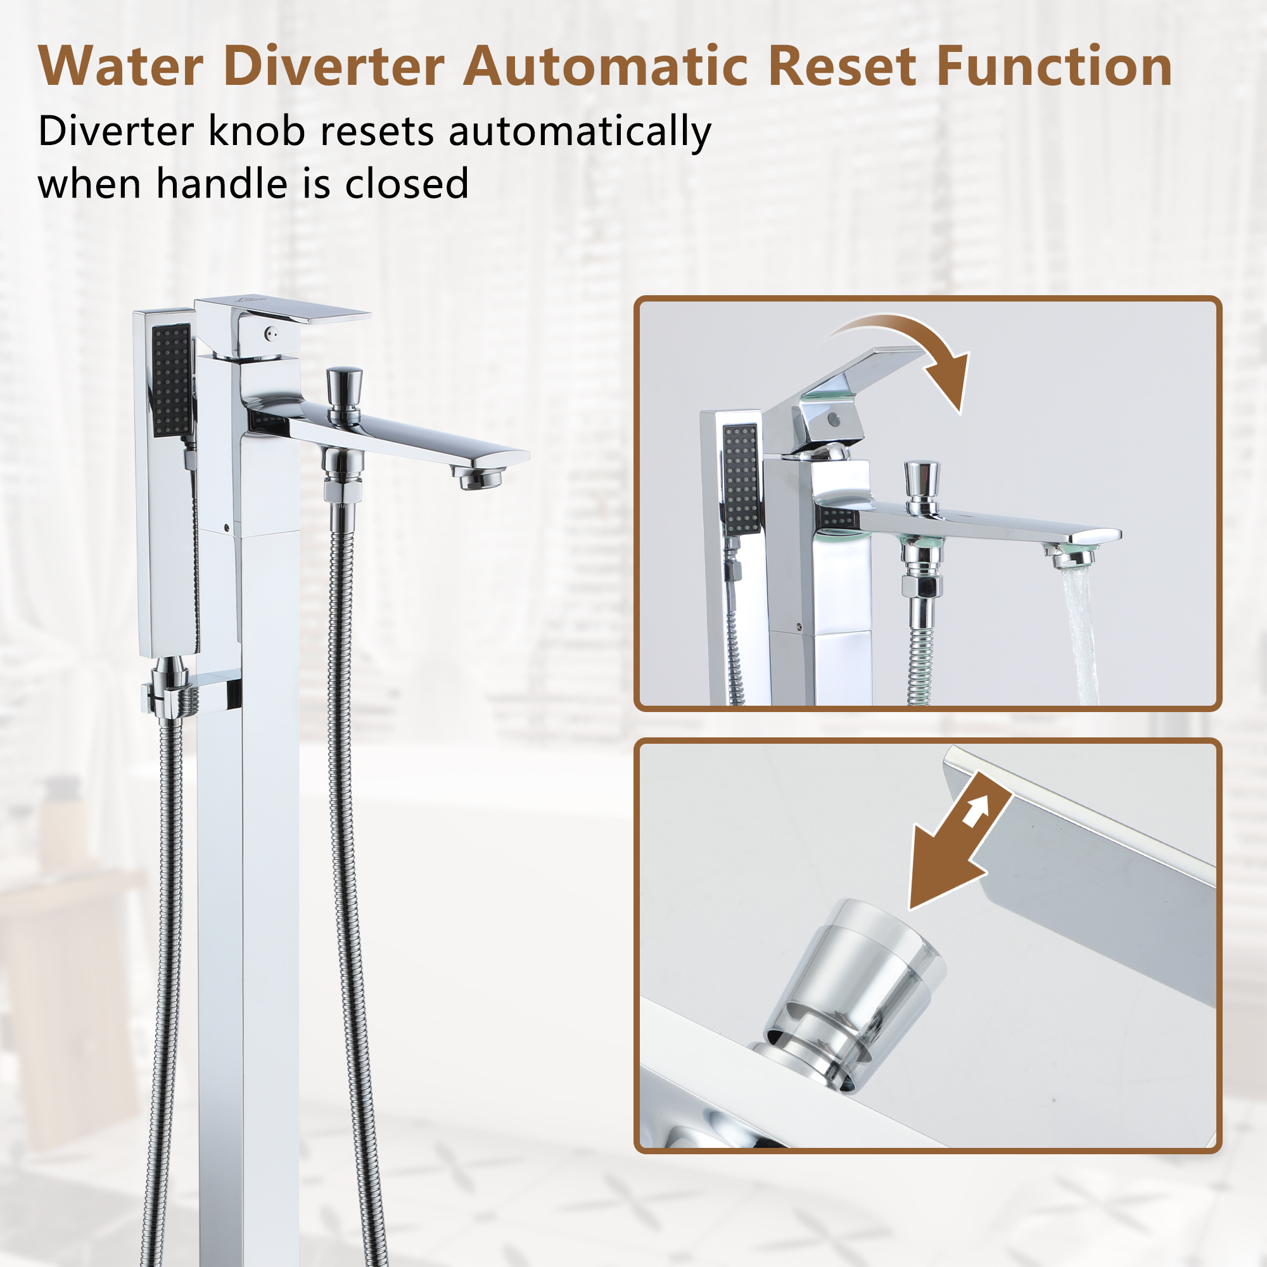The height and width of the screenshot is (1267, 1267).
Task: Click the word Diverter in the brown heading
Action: pos(334,67)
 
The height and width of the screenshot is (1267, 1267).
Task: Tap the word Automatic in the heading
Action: pos(605,67)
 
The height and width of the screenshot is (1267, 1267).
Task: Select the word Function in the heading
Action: pos(1054,67)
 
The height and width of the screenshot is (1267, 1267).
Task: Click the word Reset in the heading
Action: pos(841,67)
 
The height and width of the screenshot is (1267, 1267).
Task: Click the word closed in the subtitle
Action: pos(407,184)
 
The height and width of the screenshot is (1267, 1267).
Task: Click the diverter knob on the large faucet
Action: pos(343,387)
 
